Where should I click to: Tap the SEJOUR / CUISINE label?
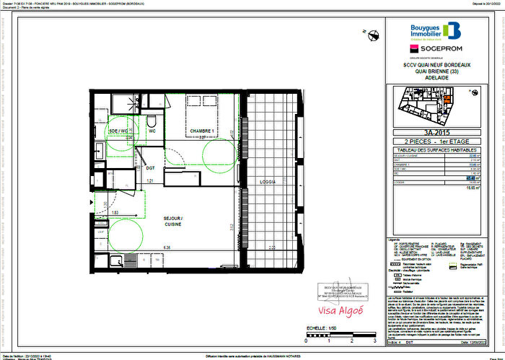click(172, 221)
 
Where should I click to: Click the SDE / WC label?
click(118, 131)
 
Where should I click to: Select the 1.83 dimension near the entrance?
click(115, 213)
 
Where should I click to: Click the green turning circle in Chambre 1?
click(218, 152)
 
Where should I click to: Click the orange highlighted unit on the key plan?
click(448, 100)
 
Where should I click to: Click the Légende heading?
click(395, 238)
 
